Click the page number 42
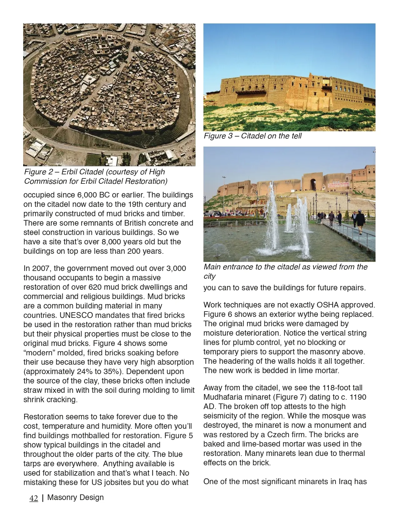pyautogui.click(x=33, y=498)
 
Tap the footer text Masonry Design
pyautogui.click(x=75, y=497)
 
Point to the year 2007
pyautogui.click(x=41, y=268)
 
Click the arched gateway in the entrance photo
pyautogui.click(x=313, y=184)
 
